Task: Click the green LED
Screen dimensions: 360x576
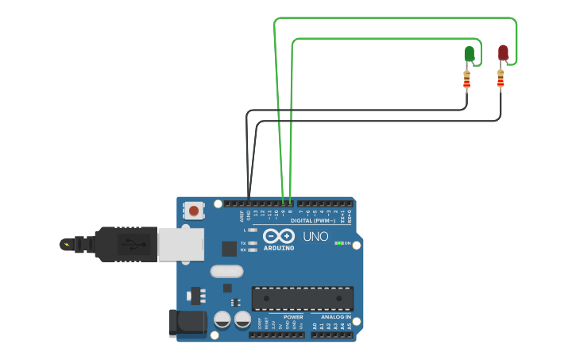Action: [469, 54]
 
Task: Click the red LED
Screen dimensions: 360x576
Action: [503, 52]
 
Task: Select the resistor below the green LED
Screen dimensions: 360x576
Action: [466, 79]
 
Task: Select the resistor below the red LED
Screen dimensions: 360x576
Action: [501, 79]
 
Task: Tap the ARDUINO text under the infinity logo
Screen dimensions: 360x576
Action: [279, 247]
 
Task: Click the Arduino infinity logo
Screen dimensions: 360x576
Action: [279, 236]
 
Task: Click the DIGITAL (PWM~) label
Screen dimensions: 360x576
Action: [312, 220]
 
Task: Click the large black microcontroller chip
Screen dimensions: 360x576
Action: [303, 298]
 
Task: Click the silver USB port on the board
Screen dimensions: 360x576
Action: [180, 244]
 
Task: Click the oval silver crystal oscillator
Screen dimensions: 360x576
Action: [226, 271]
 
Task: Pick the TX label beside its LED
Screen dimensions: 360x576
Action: [243, 243]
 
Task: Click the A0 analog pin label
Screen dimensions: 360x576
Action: [315, 326]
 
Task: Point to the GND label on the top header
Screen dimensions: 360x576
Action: [249, 215]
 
